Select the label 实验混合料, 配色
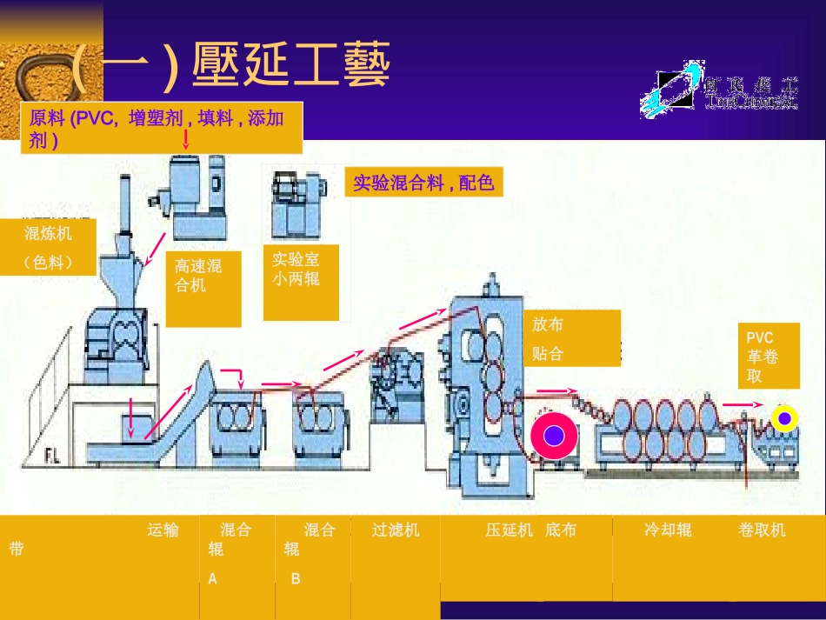(x=423, y=183)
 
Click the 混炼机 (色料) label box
(x=47, y=247)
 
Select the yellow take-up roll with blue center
(x=785, y=418)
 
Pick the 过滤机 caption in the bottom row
(x=396, y=530)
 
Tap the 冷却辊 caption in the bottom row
(x=668, y=530)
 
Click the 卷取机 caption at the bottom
(x=762, y=530)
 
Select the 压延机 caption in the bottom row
(x=509, y=530)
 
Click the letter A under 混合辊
(x=213, y=578)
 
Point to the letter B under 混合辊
(x=296, y=578)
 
